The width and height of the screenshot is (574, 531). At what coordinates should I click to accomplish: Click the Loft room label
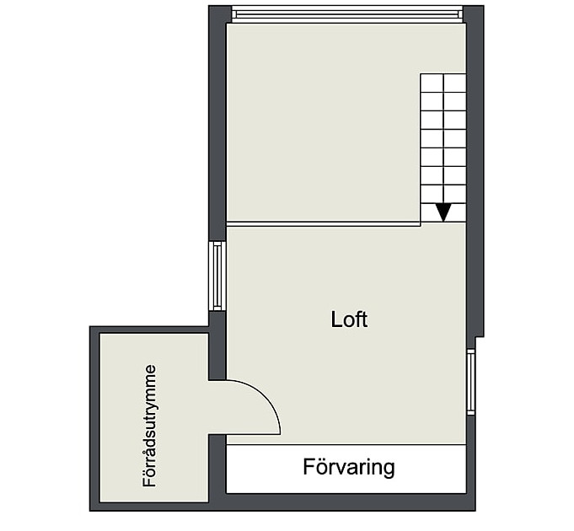pos(349,319)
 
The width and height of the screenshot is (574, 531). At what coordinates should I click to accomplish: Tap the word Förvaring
pos(349,467)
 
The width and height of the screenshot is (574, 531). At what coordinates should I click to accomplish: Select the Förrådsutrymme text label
pos(149,426)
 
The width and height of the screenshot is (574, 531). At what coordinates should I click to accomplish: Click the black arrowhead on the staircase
pos(443,212)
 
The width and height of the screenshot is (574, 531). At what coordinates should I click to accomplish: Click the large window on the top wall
pos(348,14)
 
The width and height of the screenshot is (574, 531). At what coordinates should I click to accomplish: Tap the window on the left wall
pos(217,276)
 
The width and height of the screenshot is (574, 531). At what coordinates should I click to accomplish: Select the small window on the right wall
pos(471,382)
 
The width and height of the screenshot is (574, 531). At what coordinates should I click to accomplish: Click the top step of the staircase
pos(443,83)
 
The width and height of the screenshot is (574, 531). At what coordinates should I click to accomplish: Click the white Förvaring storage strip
pos(346,469)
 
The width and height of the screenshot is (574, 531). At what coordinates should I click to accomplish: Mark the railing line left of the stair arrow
pos(323,223)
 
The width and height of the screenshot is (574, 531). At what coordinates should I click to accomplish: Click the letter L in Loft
pos(337,319)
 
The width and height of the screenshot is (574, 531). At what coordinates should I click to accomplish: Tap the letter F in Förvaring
pos(309,466)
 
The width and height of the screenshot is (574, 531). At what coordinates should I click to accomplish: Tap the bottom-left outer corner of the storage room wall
pos(90,511)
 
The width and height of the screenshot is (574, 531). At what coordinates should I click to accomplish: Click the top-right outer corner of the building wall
pos(484,6)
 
